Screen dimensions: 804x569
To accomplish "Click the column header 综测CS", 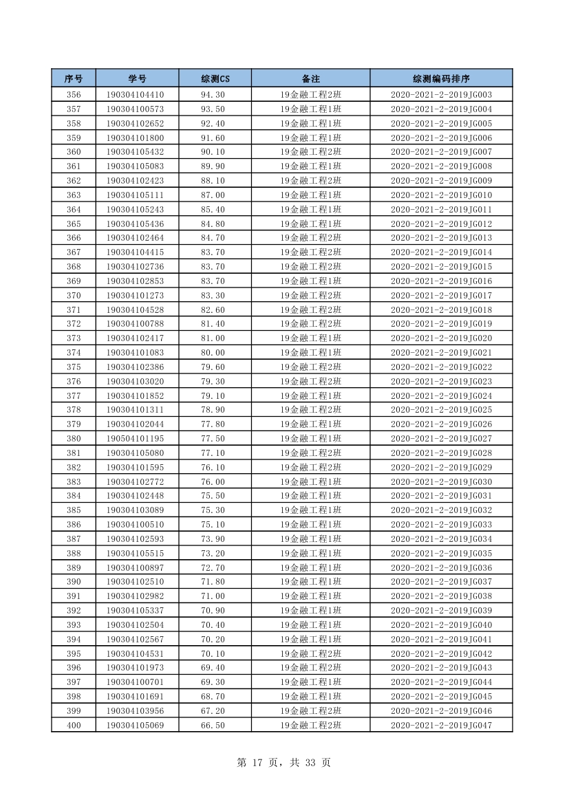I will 215,78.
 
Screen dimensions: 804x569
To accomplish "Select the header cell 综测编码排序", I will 441,78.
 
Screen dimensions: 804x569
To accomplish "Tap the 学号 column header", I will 137,78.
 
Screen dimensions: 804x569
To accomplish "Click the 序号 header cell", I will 74,78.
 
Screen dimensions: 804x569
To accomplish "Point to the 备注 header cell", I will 310,78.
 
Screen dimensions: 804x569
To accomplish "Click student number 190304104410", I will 135,95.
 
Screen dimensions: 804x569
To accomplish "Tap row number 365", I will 74,224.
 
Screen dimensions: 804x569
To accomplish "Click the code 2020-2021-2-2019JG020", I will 441,338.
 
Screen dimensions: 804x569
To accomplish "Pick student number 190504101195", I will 135,439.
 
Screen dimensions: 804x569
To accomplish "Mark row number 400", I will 74,725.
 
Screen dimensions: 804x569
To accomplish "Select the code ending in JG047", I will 441,725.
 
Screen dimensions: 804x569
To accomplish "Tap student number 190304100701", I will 135,682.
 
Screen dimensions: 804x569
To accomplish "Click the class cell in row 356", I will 310,95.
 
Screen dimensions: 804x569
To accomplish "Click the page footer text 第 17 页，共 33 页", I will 283,763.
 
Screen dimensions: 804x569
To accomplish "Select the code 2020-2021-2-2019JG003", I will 441,95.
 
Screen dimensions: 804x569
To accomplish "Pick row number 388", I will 74,553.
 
